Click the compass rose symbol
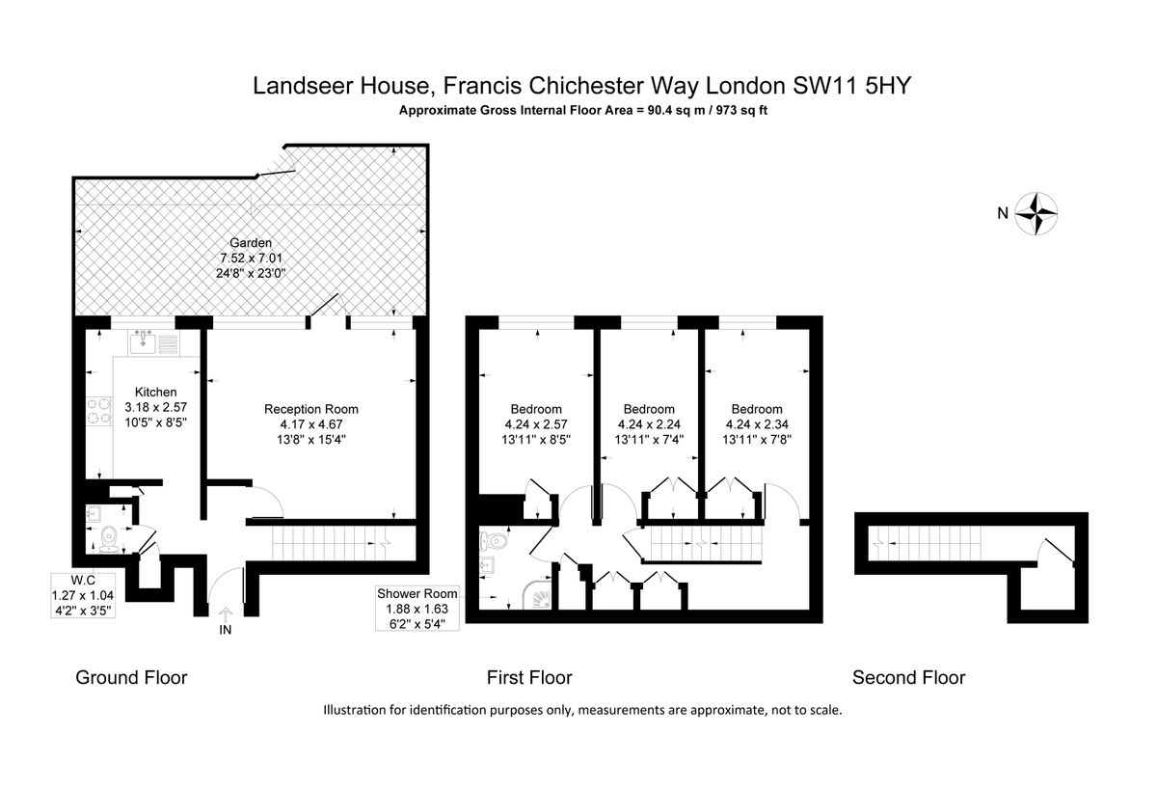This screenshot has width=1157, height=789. pos(1036,213)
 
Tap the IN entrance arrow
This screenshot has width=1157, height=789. pos(226,613)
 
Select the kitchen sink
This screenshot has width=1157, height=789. pos(143,342)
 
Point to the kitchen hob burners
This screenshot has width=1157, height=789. pos(99,410)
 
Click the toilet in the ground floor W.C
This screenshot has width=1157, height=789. pos(109,539)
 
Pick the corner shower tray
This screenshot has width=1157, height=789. pos(538,595)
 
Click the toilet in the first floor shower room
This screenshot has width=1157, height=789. pos(493,541)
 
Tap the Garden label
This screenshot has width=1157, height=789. pos(251,242)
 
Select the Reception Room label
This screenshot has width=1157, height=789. pos(310,409)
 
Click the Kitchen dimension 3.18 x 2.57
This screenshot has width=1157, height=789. pos(155,407)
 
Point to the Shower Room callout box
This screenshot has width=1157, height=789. pos(417,609)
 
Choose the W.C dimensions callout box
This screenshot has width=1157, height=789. pos(83,595)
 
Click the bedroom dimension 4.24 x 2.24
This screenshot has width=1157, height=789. pos(649,424)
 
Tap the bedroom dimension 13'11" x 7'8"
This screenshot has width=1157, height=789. pos(757,440)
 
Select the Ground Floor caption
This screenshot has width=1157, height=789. pos(131,677)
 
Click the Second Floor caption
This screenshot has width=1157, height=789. pos(908,677)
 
